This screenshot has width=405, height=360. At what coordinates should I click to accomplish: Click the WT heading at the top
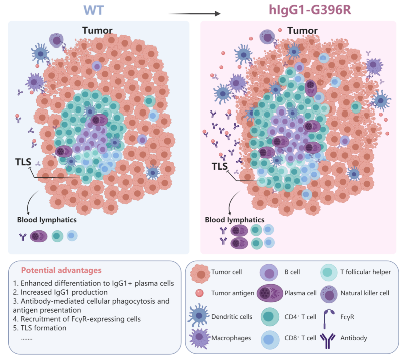coord(94,10)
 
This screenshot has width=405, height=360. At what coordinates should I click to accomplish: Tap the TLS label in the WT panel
coord(23,162)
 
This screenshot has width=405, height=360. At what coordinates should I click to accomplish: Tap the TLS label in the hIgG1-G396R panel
coord(220,166)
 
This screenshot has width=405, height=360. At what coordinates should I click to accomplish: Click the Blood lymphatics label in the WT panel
coord(47,220)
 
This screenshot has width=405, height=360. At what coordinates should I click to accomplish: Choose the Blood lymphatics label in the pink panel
coord(235,220)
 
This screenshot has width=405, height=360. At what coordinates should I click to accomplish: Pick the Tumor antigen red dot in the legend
coord(200,293)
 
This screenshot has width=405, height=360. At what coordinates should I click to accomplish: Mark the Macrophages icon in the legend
coord(199,338)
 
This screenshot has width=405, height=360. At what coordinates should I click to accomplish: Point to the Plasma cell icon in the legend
coord(270,293)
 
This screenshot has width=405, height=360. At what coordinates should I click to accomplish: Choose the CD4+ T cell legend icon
coord(270,317)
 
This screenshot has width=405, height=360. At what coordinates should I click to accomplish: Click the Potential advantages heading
coord(61,271)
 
